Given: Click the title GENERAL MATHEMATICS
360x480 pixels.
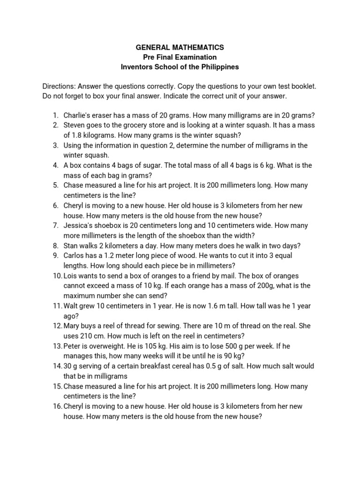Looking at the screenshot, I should tap(180, 47).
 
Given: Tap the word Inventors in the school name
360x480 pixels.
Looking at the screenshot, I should tap(136, 67).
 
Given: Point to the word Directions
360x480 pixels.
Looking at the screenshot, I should tap(59, 87).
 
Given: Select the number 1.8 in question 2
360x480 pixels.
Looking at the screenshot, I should tap(76, 135).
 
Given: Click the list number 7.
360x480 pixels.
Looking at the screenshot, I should tap(55, 225).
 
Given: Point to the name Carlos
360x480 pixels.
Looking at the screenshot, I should tap(75, 255).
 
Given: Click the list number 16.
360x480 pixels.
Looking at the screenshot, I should tap(57, 406).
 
